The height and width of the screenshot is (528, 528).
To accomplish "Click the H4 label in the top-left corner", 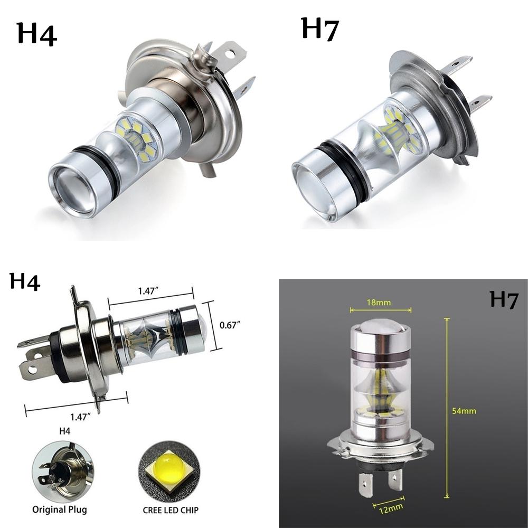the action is [37, 34].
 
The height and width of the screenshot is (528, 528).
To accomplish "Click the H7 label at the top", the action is [319, 29].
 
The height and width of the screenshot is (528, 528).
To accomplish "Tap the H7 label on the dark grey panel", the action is [504, 299].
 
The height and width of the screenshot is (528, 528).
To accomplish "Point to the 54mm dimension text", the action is [464, 410].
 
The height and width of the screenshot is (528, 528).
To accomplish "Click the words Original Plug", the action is [60, 510].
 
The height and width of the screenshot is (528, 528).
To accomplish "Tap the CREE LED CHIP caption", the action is [171, 510].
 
